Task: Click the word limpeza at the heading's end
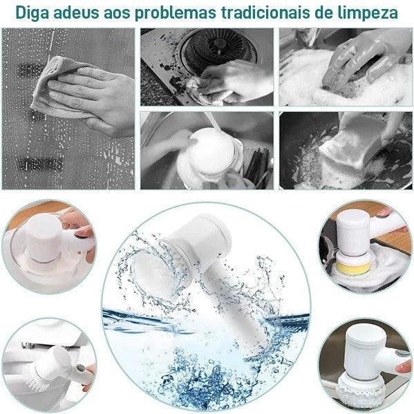tap(372, 12)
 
